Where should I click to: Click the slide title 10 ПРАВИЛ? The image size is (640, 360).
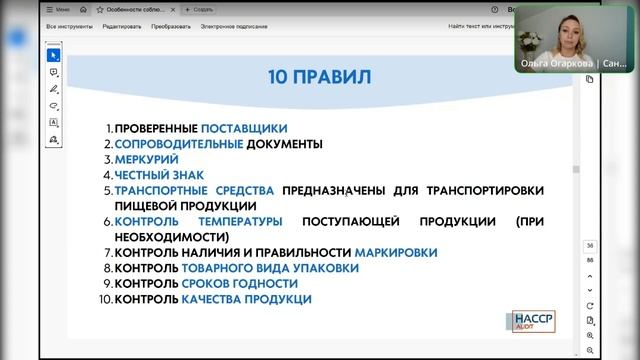(320, 77)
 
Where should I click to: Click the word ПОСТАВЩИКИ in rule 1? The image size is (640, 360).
(244, 128)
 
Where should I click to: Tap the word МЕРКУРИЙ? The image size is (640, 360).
(147, 159)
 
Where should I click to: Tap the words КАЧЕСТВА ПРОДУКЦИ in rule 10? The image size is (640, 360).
(246, 299)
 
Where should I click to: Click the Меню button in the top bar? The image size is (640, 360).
(61, 9)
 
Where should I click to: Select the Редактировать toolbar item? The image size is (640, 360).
(121, 27)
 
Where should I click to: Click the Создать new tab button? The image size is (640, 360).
(199, 9)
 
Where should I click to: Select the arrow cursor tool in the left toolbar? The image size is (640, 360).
(53, 55)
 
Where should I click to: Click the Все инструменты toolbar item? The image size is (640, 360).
(71, 27)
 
